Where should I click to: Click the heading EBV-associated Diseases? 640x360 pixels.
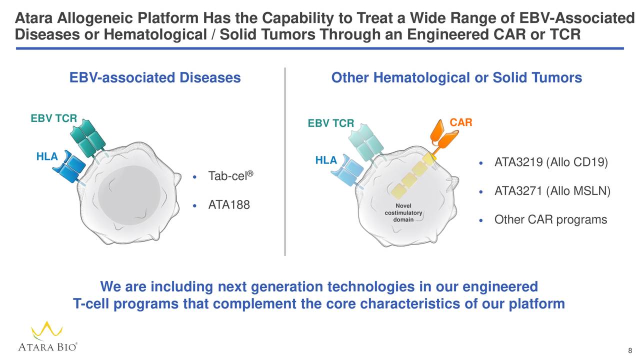point(155,78)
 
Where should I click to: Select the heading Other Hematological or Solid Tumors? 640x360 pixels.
point(456,78)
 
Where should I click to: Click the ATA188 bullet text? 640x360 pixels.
point(228,205)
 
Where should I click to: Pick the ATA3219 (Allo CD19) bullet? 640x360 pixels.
point(550,163)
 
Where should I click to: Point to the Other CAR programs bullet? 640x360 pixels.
point(550,220)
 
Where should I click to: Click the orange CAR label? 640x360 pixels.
point(461,123)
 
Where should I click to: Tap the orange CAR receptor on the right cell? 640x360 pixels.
point(443,137)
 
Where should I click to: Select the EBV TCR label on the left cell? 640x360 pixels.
point(53,118)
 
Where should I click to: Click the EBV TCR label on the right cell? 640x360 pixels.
point(330,123)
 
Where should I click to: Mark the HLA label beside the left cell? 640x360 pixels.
point(47,156)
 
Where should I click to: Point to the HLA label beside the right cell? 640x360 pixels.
point(326,160)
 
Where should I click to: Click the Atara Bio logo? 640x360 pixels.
point(47,337)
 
